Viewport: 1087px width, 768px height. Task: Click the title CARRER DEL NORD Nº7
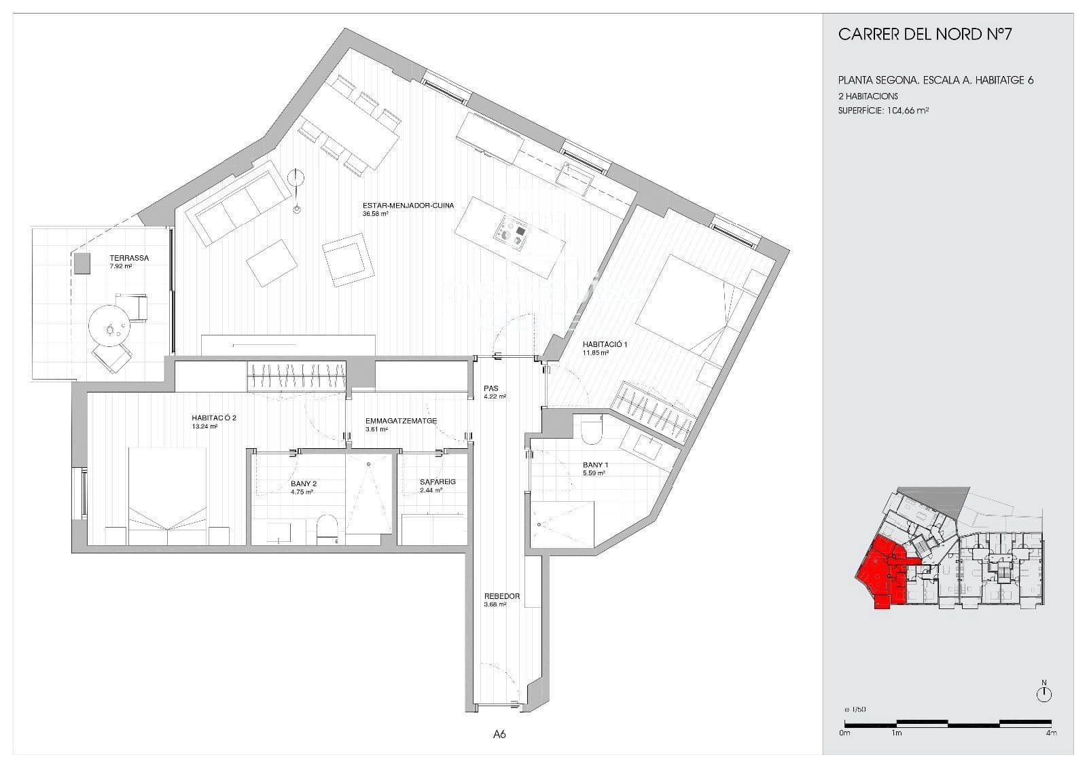[x=925, y=35]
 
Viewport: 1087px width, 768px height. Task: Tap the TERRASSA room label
[x=129, y=258]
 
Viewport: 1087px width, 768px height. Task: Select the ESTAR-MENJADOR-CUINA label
[x=408, y=205]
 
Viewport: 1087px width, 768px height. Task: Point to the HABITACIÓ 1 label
[x=605, y=344]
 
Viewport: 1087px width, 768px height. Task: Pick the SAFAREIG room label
[x=438, y=482]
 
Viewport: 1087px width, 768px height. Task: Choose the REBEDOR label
[x=501, y=596]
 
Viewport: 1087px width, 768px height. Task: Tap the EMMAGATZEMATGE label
[x=401, y=420]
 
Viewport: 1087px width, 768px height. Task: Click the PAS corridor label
[x=491, y=388]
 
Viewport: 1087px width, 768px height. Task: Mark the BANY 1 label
[x=595, y=465]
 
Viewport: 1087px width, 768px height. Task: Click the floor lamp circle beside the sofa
[x=296, y=179]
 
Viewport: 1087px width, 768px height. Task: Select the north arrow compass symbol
[x=1044, y=694]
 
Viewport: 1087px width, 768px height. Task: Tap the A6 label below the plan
[x=499, y=734]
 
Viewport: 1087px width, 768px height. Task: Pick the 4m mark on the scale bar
[x=1051, y=733]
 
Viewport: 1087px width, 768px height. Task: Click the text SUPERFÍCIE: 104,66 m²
[x=883, y=110]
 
